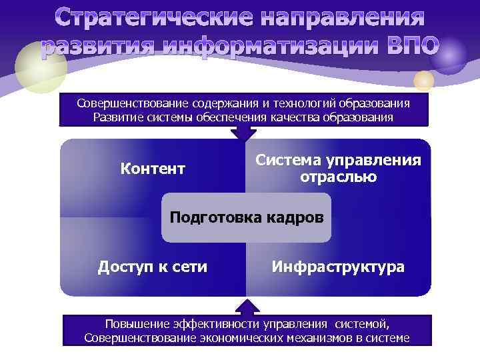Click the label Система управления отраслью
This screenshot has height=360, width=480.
[x=338, y=169]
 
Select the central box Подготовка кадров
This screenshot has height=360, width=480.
[x=246, y=217]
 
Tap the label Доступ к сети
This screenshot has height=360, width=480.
[x=153, y=267]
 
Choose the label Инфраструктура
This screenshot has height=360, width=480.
[x=338, y=267]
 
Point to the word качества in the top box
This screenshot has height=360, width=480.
[x=309, y=117]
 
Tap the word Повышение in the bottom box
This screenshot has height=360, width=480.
[x=136, y=324]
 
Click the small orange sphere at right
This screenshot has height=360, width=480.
[x=424, y=81]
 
